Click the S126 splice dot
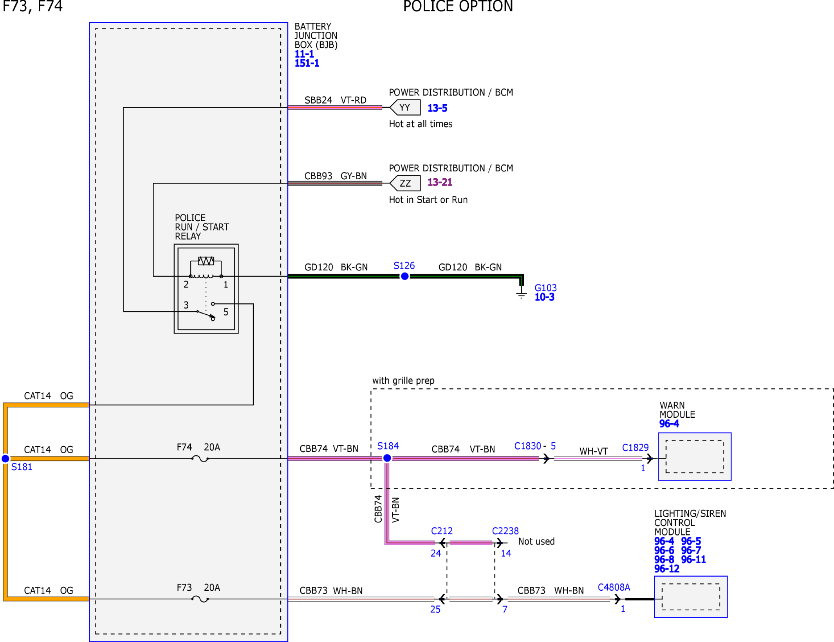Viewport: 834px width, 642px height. (405, 276)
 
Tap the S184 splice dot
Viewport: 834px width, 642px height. (387, 458)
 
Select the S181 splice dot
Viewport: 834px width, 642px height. (5, 458)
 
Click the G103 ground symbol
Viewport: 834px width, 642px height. (521, 293)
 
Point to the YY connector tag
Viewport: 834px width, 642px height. (405, 107)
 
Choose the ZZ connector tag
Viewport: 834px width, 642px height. (405, 183)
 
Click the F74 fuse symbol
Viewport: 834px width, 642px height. (200, 458)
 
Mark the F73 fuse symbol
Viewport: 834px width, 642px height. (200, 599)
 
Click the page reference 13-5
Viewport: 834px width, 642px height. (437, 108)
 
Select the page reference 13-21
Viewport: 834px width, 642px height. (440, 182)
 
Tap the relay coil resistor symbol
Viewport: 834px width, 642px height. (206, 261)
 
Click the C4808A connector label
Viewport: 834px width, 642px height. (614, 587)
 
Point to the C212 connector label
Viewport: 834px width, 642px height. (442, 531)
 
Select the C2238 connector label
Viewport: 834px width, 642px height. (505, 531)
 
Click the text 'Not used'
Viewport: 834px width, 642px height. (536, 541)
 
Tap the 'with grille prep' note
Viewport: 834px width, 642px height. (403, 381)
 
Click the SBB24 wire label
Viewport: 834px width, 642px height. (318, 100)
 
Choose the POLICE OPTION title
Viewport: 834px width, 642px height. (458, 6)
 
